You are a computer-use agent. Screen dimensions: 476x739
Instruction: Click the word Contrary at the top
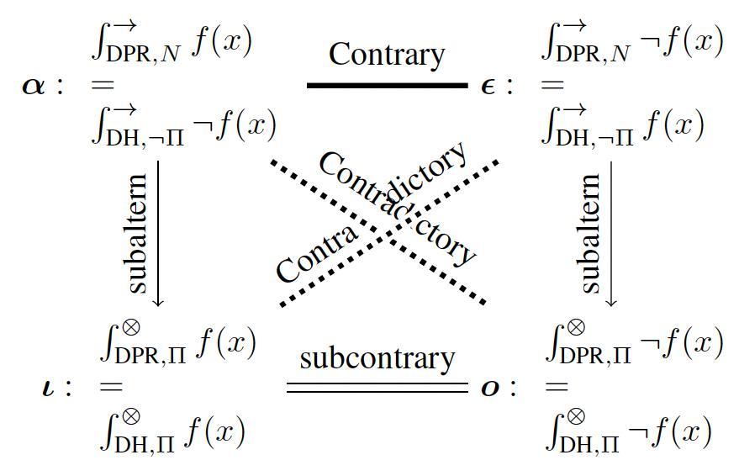pyautogui.click(x=386, y=54)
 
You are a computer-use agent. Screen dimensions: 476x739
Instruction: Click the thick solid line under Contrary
pyautogui.click(x=386, y=85)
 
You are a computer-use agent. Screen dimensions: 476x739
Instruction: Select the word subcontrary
pyautogui.click(x=377, y=358)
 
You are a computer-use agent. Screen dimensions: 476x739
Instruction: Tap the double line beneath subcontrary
pyautogui.click(x=377, y=388)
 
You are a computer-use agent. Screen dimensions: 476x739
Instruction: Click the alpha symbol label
pyautogui.click(x=34, y=86)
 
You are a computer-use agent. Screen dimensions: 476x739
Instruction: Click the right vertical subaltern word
pyautogui.click(x=591, y=233)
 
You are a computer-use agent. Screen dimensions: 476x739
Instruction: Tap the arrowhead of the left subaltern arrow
pyautogui.click(x=158, y=301)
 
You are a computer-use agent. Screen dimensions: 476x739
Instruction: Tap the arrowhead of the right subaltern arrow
pyautogui.click(x=611, y=301)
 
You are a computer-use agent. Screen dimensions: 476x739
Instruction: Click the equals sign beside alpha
pyautogui.click(x=102, y=85)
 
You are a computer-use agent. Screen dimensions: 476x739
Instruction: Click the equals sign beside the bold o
pyautogui.click(x=556, y=388)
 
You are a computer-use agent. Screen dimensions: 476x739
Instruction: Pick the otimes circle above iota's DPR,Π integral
pyautogui.click(x=130, y=326)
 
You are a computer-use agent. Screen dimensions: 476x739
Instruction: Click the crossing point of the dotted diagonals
pyautogui.click(x=383, y=230)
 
